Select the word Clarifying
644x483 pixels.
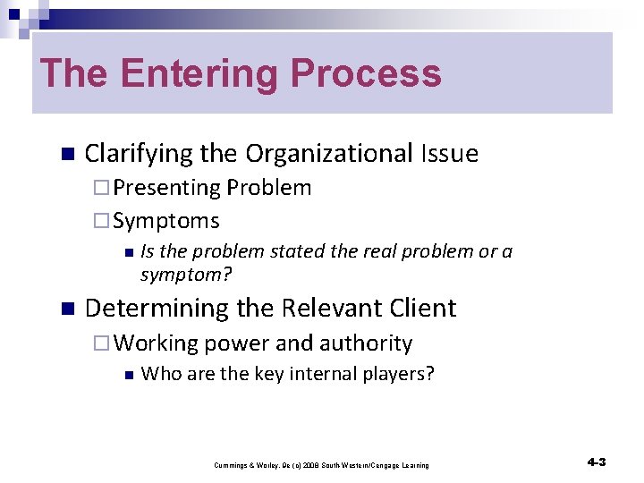coord(139,154)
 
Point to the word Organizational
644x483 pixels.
coord(326,154)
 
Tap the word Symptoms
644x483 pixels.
coord(166,220)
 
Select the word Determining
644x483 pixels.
coord(153,309)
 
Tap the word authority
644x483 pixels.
coord(369,343)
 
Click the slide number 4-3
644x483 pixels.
coord(597,462)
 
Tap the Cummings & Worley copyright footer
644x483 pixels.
coord(321,465)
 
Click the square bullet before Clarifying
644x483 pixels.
coord(64,155)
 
